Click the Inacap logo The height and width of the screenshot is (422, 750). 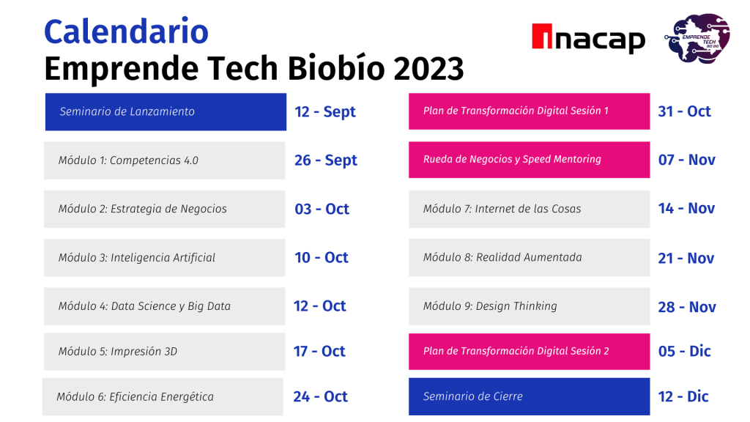point(588,38)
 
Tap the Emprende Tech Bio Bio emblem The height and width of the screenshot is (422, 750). point(697,38)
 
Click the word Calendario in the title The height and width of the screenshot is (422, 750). point(126,32)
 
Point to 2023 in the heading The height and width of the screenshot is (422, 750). point(428,68)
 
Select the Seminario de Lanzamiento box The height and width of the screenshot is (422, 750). point(166,112)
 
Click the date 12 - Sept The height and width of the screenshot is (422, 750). point(324,112)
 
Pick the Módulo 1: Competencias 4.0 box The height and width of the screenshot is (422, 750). point(165,160)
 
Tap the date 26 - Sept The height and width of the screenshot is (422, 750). point(326,160)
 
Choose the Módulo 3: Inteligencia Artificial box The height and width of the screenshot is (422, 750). point(165,257)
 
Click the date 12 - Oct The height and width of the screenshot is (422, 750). point(319,306)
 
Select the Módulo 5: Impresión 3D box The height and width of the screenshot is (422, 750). point(165,352)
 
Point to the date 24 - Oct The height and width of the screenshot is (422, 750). point(321,396)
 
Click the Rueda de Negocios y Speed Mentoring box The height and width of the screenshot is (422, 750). point(529,160)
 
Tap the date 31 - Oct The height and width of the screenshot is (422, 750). point(685,111)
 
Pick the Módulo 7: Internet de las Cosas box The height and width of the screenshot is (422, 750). point(529,209)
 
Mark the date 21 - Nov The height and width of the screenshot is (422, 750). point(686,259)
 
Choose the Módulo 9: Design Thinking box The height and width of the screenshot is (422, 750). point(529,306)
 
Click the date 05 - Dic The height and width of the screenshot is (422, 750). point(685,351)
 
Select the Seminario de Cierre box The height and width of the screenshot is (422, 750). point(529,396)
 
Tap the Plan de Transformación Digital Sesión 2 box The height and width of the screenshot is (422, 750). point(529,352)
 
